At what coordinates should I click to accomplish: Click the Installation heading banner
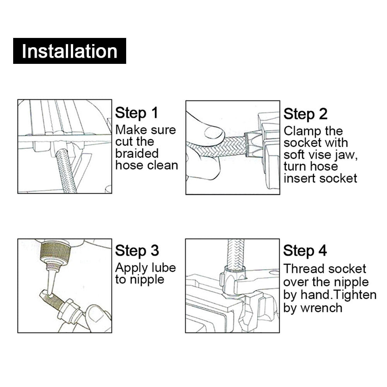(x=70, y=51)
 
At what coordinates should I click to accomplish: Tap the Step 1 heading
(x=137, y=113)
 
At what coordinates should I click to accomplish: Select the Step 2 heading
(x=306, y=114)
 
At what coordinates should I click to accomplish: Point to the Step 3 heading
(x=137, y=251)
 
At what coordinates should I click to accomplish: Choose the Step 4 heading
(x=305, y=251)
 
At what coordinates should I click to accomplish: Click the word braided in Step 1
(x=137, y=153)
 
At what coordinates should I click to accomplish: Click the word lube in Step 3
(x=164, y=267)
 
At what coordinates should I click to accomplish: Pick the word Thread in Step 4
(x=302, y=269)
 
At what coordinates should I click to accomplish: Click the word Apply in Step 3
(x=132, y=268)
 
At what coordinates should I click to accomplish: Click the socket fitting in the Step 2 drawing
(x=253, y=145)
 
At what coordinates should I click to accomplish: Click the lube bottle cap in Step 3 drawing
(x=55, y=251)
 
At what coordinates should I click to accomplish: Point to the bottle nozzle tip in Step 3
(x=50, y=295)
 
